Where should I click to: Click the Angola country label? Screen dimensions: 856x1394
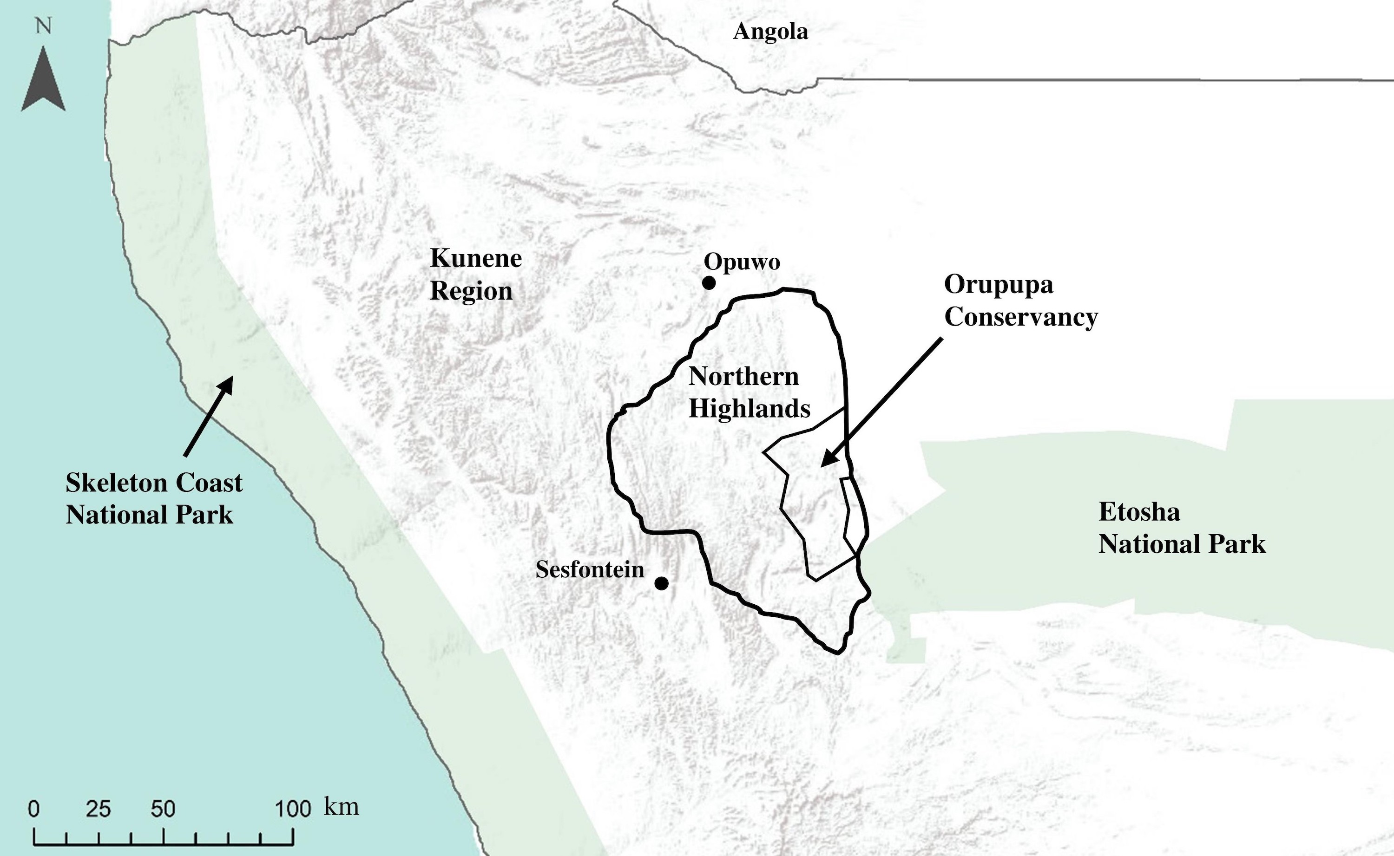coord(770,32)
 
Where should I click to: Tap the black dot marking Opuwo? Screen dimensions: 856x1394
coord(708,282)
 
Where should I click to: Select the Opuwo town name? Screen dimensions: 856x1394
coord(742,262)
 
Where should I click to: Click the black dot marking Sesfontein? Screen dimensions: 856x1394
coord(661,582)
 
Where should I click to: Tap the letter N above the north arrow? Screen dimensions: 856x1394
coord(44,26)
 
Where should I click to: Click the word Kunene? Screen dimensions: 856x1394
coord(476,259)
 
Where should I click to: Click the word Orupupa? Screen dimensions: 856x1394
coord(998,284)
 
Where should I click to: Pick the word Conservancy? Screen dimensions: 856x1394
coord(1021,317)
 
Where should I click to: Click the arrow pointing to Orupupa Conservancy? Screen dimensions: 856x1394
coord(881,402)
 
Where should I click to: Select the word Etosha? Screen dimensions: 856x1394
coord(1139,512)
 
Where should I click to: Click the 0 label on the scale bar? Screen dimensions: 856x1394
coord(34,809)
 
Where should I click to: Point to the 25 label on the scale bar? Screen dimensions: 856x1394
coord(99,809)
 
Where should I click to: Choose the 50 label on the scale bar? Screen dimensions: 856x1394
coord(163,809)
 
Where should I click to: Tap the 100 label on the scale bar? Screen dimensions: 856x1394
coord(293,809)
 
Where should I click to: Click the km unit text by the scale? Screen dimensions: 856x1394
coord(342,807)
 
